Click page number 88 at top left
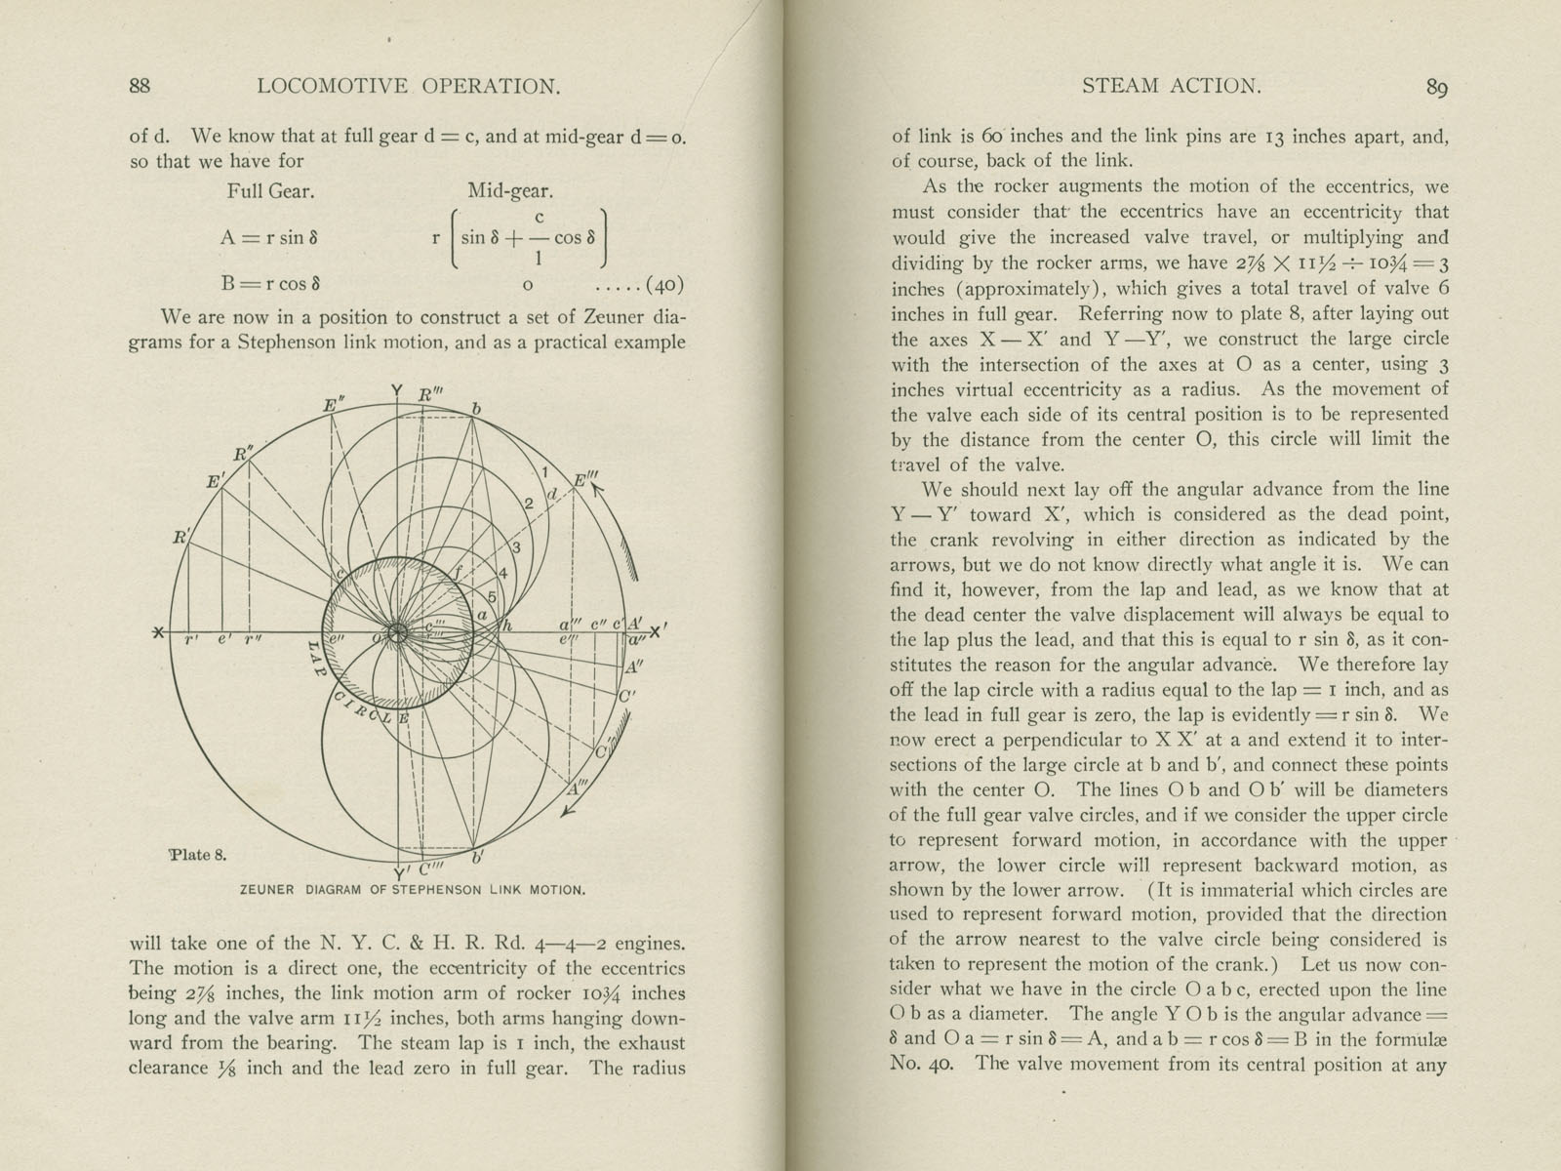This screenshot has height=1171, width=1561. coord(140,86)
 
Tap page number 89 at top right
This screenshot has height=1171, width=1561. coord(1436,88)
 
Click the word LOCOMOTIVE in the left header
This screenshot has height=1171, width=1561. coord(334,86)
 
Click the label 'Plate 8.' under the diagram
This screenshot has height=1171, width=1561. coord(198,855)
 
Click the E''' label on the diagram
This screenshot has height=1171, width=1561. coord(586,480)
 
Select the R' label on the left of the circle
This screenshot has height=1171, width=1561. coord(182,536)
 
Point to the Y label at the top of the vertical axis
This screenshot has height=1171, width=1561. coord(396,392)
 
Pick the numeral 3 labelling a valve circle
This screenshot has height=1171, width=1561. coord(516,546)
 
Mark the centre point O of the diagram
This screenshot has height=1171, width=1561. coord(396,632)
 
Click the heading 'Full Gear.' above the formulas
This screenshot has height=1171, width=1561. coord(270,191)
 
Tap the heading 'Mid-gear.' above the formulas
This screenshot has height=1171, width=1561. coord(510,191)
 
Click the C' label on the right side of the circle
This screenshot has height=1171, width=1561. coord(627,697)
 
